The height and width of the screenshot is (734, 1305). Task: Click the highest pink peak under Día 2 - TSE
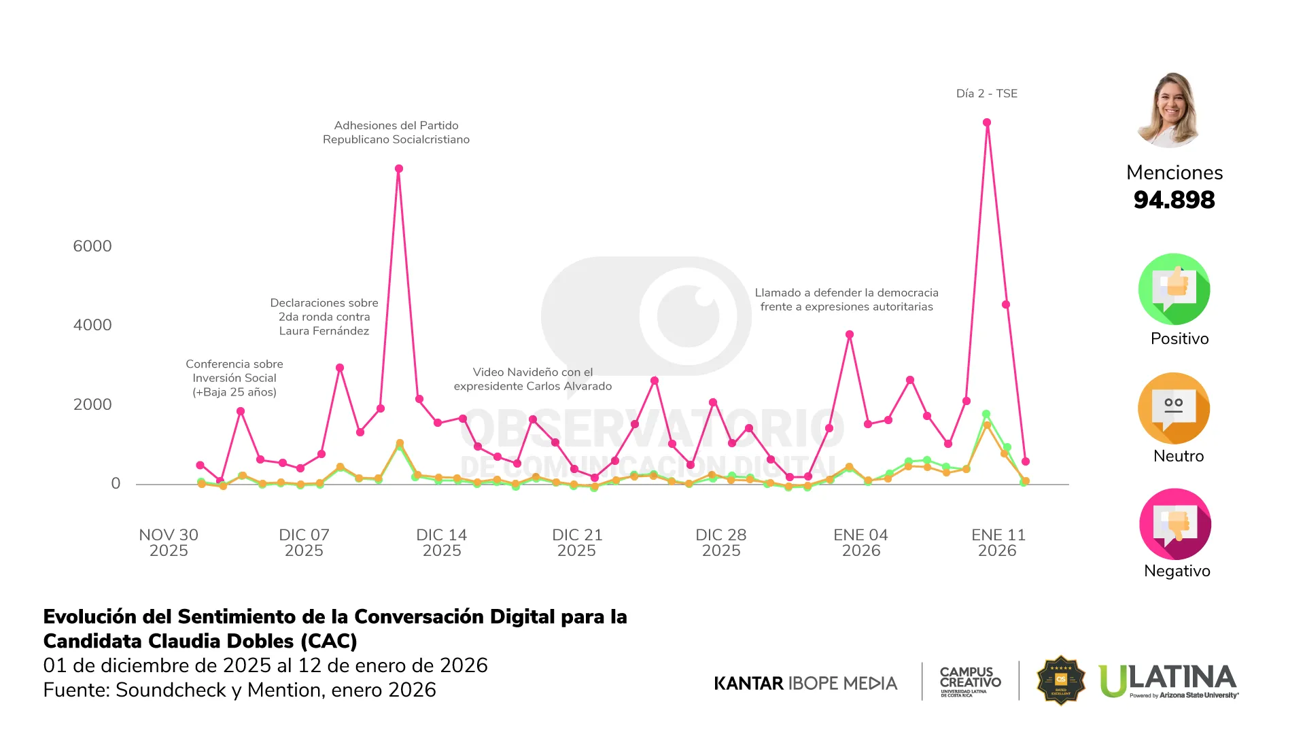tap(987, 123)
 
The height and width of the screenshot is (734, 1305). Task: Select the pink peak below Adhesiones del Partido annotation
tap(399, 169)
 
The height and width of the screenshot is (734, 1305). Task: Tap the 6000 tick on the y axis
tap(92, 246)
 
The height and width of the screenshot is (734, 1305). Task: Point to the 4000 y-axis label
tap(92, 325)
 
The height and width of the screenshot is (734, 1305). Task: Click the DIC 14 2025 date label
tap(442, 542)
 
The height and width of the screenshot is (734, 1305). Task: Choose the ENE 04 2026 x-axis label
tap(860, 542)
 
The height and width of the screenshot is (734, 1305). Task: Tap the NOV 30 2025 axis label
tap(169, 542)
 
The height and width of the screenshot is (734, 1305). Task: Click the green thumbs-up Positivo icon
tap(1174, 290)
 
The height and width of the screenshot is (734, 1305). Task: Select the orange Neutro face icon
tap(1174, 408)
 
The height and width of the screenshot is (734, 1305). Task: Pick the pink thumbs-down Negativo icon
tap(1174, 524)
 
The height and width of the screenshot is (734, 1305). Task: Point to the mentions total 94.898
tap(1174, 200)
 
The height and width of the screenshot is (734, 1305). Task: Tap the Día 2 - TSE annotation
tap(986, 94)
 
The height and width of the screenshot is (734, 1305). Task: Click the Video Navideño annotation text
tap(533, 379)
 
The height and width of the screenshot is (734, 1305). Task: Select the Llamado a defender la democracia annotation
tap(846, 300)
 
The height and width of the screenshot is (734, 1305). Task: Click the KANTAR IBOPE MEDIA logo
tap(805, 683)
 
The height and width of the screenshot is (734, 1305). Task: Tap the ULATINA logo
tap(1168, 680)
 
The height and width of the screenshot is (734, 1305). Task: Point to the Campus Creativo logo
tap(970, 680)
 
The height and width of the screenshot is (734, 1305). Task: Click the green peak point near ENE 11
tap(986, 414)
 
